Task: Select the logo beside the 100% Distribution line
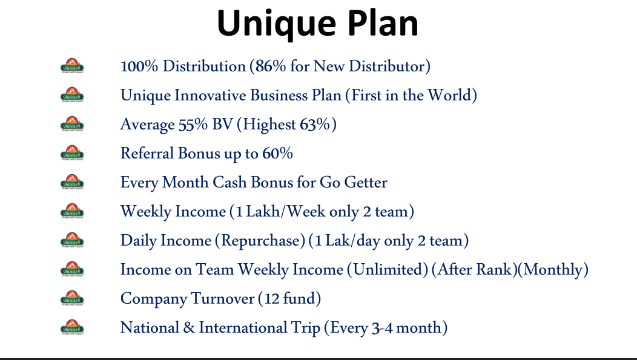click(x=72, y=66)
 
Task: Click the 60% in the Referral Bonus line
click(x=277, y=154)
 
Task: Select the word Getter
click(x=366, y=183)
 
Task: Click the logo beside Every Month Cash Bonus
click(x=72, y=182)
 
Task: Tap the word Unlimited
click(x=388, y=270)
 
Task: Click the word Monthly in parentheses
click(x=553, y=270)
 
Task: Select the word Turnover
click(x=223, y=299)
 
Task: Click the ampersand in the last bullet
click(x=189, y=328)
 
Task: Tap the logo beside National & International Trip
click(x=72, y=327)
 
